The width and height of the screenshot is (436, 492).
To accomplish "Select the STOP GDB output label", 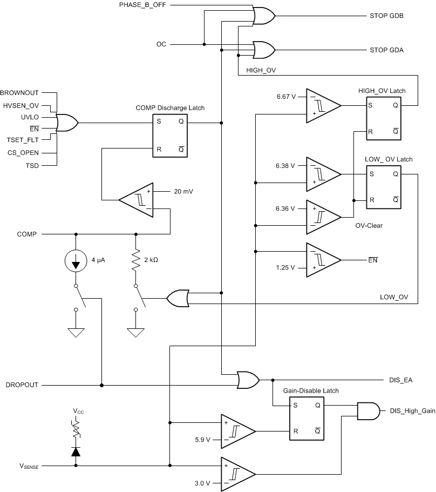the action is tap(386, 16).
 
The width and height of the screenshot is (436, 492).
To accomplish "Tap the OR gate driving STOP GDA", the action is tap(264, 50).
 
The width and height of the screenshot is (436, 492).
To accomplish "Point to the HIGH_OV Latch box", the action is tap(385, 118).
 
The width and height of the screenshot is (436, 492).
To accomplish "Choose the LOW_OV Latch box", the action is tap(385, 187).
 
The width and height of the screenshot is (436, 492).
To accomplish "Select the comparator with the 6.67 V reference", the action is tap(322, 105).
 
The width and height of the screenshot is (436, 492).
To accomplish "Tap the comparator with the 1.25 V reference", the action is tap(322, 260).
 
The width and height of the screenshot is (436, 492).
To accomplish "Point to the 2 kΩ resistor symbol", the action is tap(135, 260).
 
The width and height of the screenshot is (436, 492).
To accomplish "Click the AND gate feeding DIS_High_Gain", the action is tap(368, 410).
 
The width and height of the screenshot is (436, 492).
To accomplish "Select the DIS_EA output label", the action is tap(401, 380).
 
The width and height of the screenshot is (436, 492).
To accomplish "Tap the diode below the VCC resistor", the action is tap(76, 451).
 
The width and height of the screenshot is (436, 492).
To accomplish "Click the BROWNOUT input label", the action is tap(21, 92).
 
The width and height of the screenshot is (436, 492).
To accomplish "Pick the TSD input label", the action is tap(33, 165).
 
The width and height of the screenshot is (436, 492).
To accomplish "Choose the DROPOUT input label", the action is tap(22, 385).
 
